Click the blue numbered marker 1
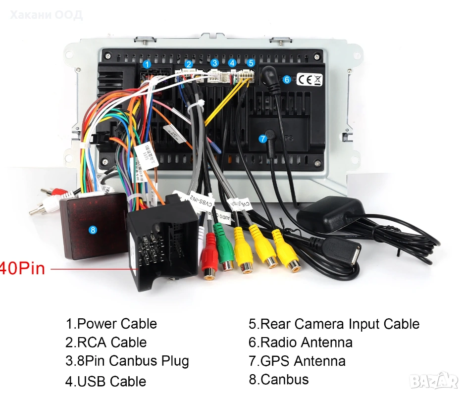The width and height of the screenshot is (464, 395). tap(147, 64)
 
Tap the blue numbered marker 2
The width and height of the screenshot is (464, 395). tap(189, 64)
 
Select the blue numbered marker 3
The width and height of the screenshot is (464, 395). tap(214, 63)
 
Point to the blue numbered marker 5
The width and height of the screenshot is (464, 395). tap(251, 63)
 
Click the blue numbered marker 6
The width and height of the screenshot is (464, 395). tap(286, 79)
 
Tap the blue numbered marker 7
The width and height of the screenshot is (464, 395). tap(263, 139)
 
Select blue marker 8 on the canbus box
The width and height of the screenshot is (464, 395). tap(92, 230)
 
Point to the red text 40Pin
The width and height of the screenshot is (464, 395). tap(22, 268)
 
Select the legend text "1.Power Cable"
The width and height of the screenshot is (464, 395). tap(111, 324)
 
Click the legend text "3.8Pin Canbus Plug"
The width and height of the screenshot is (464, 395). tap(127, 361)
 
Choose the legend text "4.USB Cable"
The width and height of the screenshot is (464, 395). tap(106, 381)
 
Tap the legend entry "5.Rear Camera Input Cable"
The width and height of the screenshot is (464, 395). tap(334, 324)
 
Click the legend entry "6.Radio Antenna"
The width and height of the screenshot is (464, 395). tap(301, 342)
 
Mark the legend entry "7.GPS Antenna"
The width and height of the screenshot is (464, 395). tap(297, 361)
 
